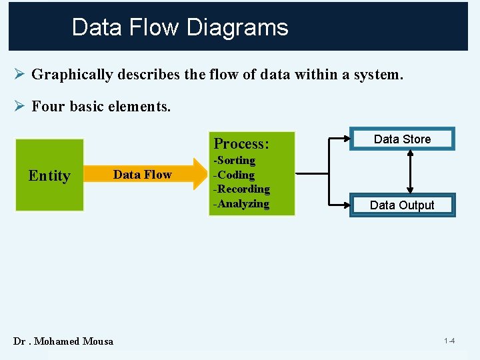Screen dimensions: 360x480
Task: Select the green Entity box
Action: coord(49,175)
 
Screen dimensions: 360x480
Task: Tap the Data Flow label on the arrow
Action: coord(143,175)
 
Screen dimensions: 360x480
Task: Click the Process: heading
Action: coord(241,144)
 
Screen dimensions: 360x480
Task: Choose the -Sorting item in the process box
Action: coord(234,161)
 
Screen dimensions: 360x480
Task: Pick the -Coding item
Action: coord(234,175)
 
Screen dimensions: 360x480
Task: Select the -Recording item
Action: coord(241,189)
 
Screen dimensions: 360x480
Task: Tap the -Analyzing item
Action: coord(241,204)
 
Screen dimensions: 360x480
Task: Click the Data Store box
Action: coord(402,139)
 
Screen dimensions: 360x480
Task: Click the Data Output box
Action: coord(402,205)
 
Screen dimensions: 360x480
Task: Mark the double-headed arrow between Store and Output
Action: coord(411,172)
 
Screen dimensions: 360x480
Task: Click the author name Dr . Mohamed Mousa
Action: coord(63,341)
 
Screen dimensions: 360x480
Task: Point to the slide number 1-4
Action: coord(449,341)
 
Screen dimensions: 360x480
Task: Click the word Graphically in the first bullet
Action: coord(72,75)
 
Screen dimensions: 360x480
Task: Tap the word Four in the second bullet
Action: coord(47,106)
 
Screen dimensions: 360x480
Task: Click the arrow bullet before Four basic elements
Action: coord(19,105)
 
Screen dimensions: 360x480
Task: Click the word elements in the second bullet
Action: coord(142,106)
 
